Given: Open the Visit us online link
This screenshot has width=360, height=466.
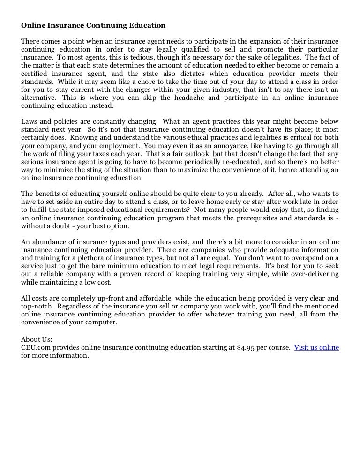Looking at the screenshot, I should [316, 347].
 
